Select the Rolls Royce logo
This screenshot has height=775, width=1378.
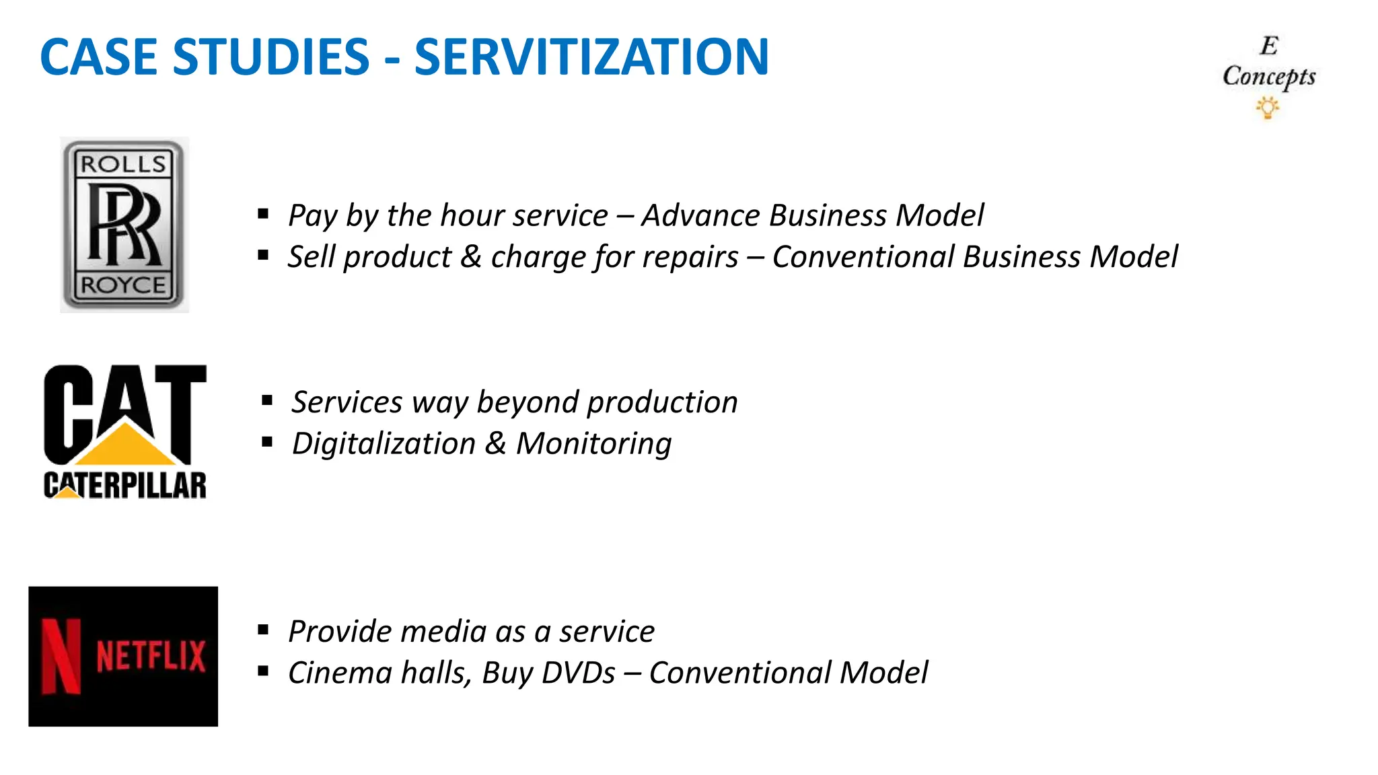[124, 225]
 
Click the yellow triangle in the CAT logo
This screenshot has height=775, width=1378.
[125, 445]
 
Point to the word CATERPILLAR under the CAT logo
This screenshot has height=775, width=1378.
[125, 485]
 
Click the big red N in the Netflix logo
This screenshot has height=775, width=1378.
[61, 656]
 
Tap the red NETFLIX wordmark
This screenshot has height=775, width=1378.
[151, 656]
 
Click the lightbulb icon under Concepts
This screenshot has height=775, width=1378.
[1268, 108]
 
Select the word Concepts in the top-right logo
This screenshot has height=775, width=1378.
[1268, 77]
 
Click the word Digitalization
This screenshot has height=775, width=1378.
[384, 444]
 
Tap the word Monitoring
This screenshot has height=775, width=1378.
[593, 444]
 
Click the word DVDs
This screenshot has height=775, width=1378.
[578, 673]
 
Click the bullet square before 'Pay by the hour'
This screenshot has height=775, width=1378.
[263, 215]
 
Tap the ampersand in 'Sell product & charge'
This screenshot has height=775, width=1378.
[471, 257]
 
